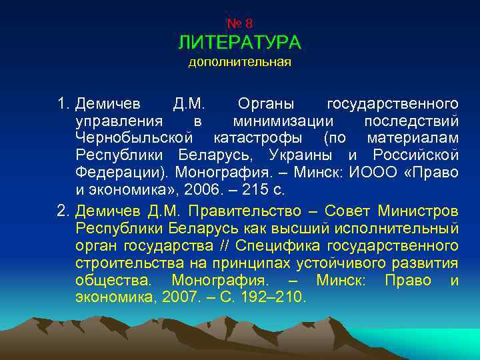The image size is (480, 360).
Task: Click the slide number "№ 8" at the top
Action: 239,24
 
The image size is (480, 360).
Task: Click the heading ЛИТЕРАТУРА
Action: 239,43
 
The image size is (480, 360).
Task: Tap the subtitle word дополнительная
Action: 239,63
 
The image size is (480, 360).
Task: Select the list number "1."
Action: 64,104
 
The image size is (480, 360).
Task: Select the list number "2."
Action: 64,211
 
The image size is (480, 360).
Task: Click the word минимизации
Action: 283,121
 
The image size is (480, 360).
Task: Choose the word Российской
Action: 415,155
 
